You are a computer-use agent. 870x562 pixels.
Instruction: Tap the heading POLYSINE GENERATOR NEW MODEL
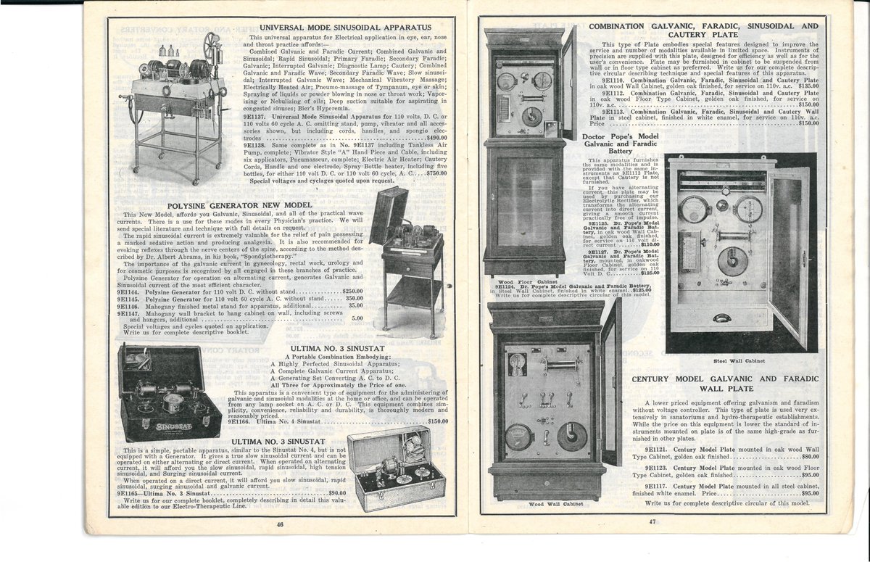(239, 205)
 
